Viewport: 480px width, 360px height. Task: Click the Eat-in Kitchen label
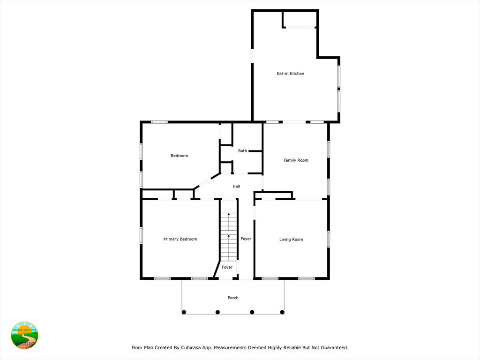pos(291,74)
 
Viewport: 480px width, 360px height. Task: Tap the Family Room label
pos(296,160)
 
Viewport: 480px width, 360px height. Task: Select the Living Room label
pos(291,240)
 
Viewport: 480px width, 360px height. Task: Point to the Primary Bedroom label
pos(180,239)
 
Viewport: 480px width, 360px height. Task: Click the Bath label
pos(242,150)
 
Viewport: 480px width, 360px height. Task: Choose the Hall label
pos(236,186)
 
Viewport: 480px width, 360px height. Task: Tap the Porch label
pos(233,298)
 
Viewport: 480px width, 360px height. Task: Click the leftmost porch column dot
pos(184,312)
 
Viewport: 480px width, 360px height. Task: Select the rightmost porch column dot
pos(282,312)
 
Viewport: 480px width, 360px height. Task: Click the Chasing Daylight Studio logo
pos(24,336)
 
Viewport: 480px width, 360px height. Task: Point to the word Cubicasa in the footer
pos(192,347)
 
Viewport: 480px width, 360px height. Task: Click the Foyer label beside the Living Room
pos(246,239)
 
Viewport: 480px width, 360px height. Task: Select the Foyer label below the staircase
pos(227,267)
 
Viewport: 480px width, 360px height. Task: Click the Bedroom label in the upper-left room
pos(180,156)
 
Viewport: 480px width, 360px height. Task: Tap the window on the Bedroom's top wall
pos(159,122)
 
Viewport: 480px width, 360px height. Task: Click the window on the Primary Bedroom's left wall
pos(141,235)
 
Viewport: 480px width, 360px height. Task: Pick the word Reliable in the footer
pos(279,347)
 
